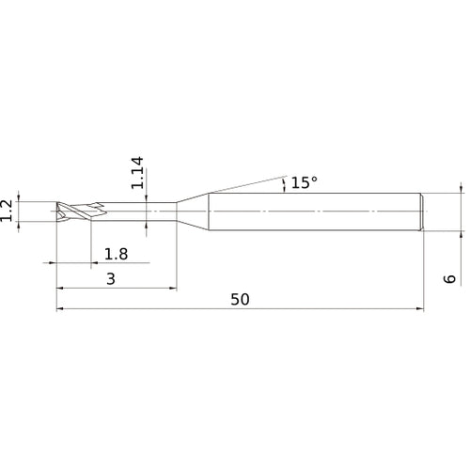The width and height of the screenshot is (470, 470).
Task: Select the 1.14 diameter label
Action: [138, 174]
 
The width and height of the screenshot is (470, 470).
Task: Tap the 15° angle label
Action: [304, 183]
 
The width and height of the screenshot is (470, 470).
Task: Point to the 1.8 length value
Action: [117, 254]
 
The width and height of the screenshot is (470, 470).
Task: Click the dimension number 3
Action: [110, 279]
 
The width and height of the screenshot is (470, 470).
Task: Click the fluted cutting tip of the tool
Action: [75, 211]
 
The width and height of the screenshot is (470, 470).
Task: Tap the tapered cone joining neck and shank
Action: [193, 211]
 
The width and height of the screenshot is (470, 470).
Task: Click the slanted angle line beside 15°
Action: [244, 182]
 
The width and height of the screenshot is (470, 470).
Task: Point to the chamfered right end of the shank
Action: [424, 211]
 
